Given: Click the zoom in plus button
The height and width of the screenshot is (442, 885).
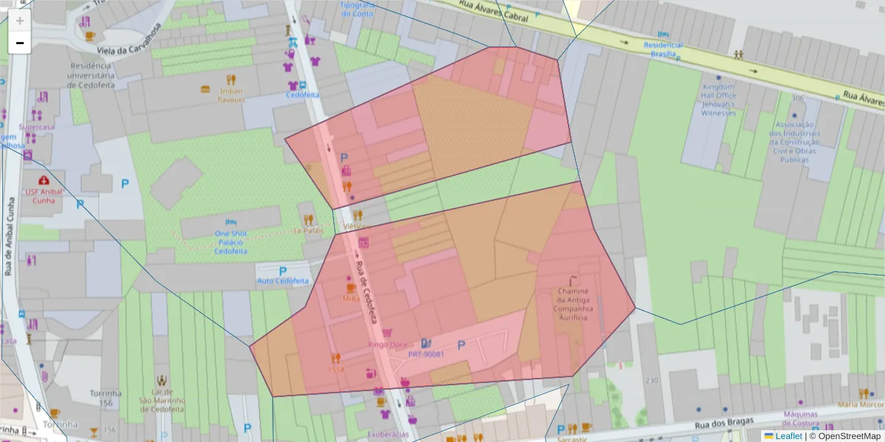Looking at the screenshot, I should [20, 21].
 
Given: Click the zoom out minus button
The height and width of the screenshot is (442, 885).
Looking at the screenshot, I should [20, 43].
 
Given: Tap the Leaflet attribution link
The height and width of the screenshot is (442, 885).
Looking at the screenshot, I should [788, 436].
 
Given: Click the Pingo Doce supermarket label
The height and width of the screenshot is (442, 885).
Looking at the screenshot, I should [387, 344].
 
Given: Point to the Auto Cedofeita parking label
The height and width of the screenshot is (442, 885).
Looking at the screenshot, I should [282, 281].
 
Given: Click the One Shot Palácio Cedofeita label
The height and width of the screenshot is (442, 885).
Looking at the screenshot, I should [230, 242].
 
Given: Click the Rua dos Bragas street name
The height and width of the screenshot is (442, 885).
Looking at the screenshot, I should [723, 425].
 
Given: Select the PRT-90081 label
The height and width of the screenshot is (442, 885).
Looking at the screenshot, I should [426, 354].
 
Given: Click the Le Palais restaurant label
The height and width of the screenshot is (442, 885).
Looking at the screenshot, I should [308, 230].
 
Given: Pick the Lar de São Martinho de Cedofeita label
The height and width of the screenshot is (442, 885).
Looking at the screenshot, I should [161, 400].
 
